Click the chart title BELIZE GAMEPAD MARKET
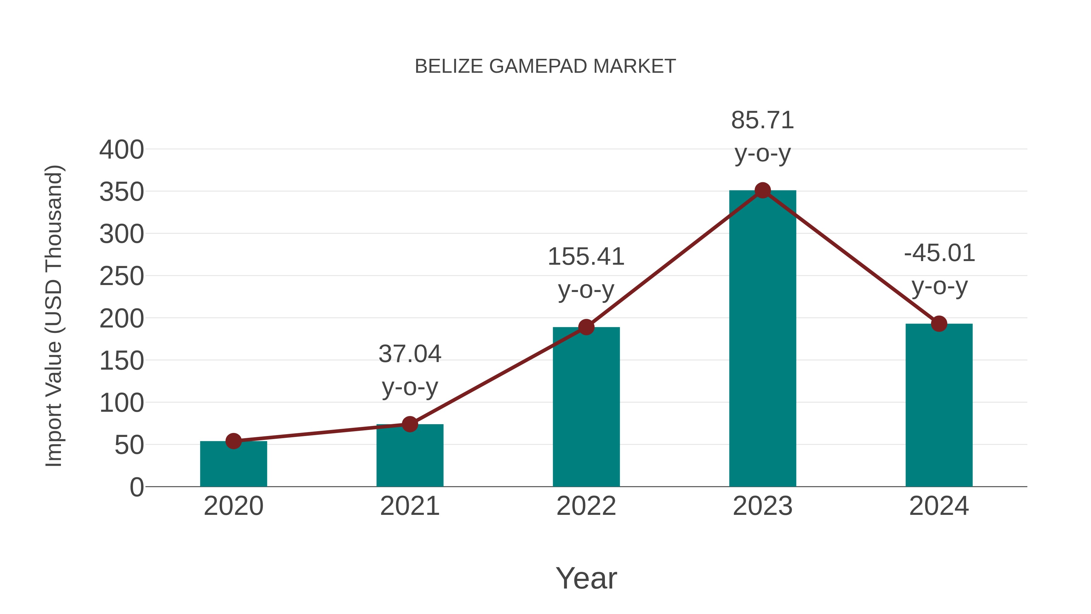545,66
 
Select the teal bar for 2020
233,466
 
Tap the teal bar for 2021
409,458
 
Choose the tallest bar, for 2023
762,339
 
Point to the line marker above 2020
233,441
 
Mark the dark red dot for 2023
762,191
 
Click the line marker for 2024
939,324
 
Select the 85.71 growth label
762,120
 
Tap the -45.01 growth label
939,253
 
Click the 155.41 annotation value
586,257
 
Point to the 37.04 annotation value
409,354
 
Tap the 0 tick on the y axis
136,487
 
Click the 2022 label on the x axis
586,506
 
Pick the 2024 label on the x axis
939,506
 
